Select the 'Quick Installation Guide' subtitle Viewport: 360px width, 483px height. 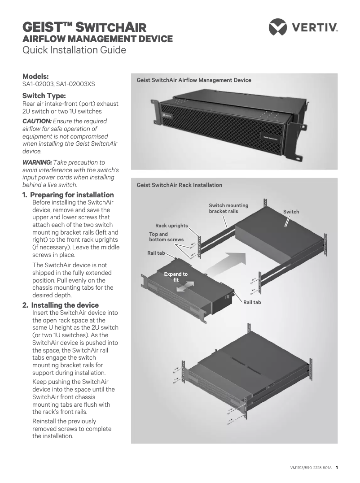[x=74, y=50]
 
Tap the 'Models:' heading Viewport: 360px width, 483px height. [x=35, y=76]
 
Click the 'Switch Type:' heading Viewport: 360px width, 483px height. [x=44, y=96]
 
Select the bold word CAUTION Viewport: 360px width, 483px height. [x=37, y=121]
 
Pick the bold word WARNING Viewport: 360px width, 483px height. [x=37, y=162]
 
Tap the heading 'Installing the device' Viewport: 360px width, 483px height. [x=65, y=305]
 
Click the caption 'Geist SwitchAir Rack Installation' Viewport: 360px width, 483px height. [x=179, y=185]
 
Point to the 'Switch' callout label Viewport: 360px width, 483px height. [x=291, y=212]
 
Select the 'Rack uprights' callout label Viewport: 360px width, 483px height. [x=171, y=226]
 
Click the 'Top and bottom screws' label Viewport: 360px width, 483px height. [x=166, y=237]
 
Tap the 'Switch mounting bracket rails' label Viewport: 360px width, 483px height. [x=228, y=208]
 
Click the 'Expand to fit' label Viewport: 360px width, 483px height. [x=176, y=277]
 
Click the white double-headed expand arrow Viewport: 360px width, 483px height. [x=185, y=287]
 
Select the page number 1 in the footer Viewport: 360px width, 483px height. [x=337, y=468]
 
